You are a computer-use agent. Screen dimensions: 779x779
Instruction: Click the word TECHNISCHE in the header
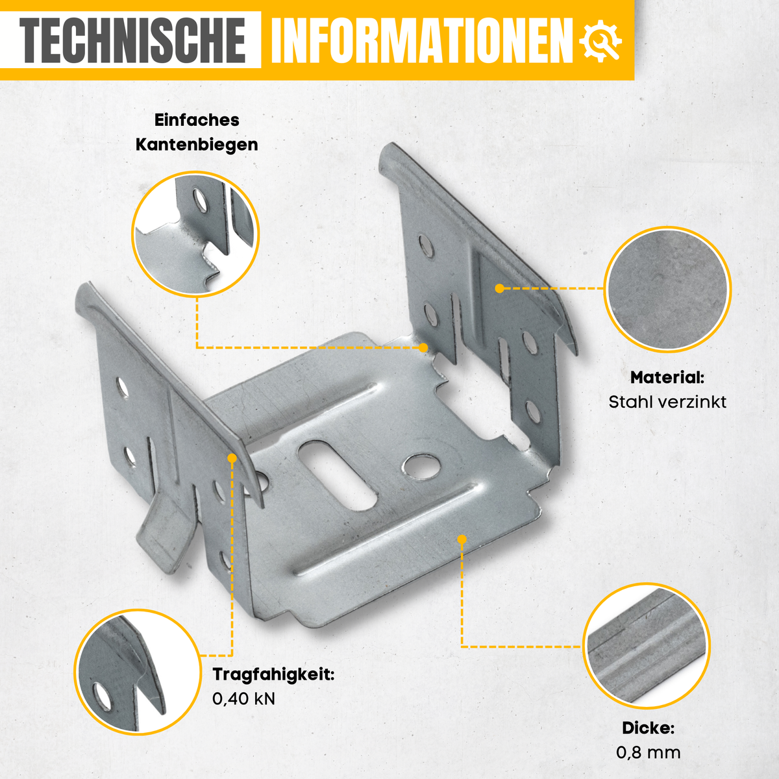(132, 40)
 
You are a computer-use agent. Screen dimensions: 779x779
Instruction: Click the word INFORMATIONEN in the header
(423, 40)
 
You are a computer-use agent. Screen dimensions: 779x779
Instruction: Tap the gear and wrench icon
(600, 41)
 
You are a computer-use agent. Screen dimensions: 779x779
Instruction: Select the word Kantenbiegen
(197, 145)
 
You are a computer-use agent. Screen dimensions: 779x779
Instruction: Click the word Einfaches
(197, 119)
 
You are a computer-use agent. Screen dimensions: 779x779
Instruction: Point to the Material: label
(667, 378)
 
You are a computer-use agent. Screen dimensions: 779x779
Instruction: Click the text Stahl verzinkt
(667, 402)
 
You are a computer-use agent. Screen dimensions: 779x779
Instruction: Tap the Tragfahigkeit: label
(274, 674)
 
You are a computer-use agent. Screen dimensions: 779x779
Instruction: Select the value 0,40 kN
(244, 699)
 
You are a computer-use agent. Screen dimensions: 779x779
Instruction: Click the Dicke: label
(649, 728)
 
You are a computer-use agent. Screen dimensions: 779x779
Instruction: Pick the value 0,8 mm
(649, 752)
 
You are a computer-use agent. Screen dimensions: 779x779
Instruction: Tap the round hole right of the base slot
(421, 467)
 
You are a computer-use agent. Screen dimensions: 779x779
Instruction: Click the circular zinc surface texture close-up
(667, 290)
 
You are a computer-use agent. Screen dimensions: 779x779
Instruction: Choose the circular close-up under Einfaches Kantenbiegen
(195, 234)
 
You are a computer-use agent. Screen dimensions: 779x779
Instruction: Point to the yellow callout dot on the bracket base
(462, 539)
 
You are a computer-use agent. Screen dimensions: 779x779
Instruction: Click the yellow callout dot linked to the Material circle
(500, 288)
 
